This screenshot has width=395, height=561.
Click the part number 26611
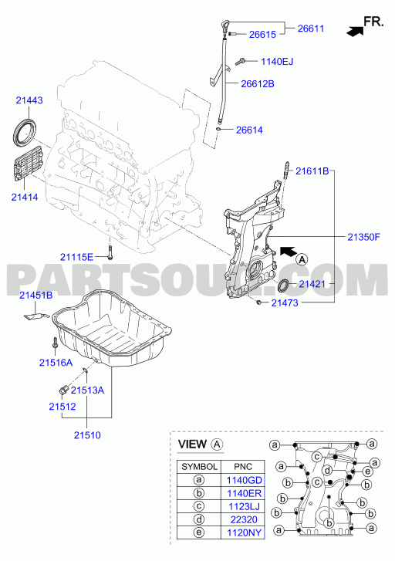[x=311, y=29]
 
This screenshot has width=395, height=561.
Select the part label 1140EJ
[x=277, y=62]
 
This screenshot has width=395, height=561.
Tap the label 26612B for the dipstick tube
[x=258, y=83]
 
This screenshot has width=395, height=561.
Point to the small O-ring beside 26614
[x=218, y=129]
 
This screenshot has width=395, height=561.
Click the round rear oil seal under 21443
[x=25, y=130]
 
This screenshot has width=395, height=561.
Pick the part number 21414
[x=25, y=197]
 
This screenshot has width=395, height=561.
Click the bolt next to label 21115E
[x=110, y=252]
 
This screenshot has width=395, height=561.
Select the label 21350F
[x=364, y=236]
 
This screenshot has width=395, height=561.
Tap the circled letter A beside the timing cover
[x=302, y=259]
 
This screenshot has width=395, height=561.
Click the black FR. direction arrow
[x=355, y=32]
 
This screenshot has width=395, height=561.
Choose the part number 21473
[x=285, y=302]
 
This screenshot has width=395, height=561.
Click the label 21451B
[x=35, y=296]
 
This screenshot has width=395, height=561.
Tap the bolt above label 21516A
[x=55, y=343]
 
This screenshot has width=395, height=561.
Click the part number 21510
[x=87, y=435]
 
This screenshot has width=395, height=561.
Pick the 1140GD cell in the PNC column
[x=245, y=480]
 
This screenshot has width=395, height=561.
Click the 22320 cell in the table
[x=244, y=519]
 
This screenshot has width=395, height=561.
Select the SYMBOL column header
[x=199, y=467]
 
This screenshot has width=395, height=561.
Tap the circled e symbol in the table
[x=199, y=532]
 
